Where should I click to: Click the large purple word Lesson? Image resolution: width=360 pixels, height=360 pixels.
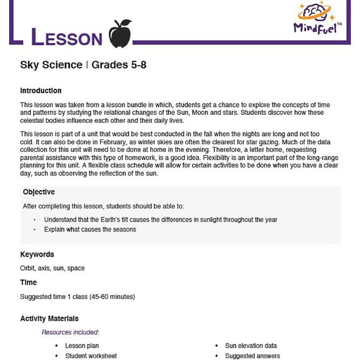tap(67, 37)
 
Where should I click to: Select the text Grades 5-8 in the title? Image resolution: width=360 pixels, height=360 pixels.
tap(119, 65)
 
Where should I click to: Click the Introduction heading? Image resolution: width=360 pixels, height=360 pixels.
tap(41, 91)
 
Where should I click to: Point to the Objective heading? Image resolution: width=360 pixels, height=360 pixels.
tap(39, 192)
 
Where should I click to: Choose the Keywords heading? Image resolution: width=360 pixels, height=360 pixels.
tap(37, 255)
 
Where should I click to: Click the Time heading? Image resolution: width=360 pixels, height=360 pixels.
tap(28, 283)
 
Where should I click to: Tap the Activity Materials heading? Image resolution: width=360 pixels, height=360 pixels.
tap(49, 319)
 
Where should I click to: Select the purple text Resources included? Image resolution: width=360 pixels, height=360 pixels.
tap(70, 332)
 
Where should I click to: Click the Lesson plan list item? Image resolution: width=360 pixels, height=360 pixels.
tap(82, 346)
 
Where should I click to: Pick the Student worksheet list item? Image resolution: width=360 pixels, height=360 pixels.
tap(91, 356)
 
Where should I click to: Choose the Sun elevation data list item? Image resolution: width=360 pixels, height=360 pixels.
tap(251, 346)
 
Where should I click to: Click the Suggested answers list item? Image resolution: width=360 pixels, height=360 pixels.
tap(252, 356)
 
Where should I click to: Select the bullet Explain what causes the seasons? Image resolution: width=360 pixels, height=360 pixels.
tap(90, 229)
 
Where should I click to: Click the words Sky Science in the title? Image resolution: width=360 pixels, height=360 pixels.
tap(51, 65)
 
